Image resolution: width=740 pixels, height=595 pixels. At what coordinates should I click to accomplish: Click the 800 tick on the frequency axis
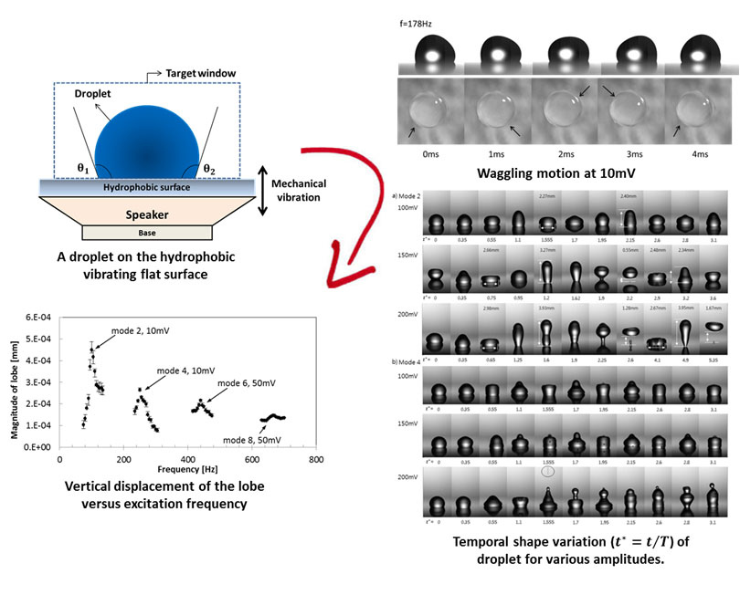point(316,460)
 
